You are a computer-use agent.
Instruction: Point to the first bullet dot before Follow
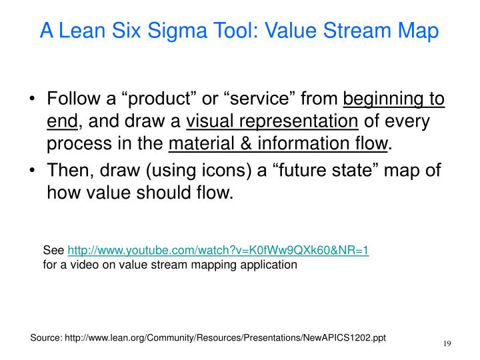coord(33,101)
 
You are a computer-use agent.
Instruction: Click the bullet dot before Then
coord(33,171)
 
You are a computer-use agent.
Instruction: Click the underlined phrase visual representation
coord(272,121)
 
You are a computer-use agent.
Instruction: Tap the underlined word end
coord(63,121)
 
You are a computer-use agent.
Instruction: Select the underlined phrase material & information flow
coord(278,143)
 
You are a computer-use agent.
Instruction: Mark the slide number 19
coord(447,343)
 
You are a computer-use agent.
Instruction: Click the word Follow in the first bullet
coord(71,100)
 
